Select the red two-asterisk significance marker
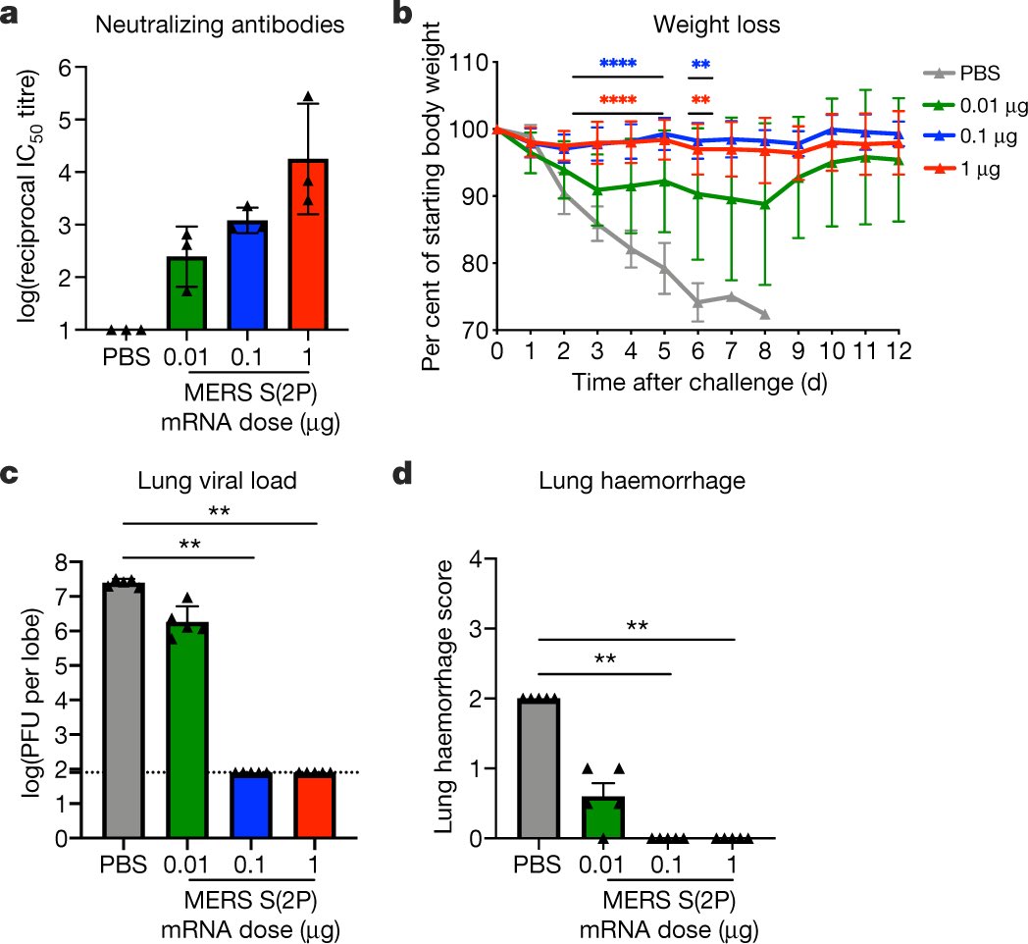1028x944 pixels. (x=700, y=101)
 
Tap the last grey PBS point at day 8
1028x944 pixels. (x=764, y=315)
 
